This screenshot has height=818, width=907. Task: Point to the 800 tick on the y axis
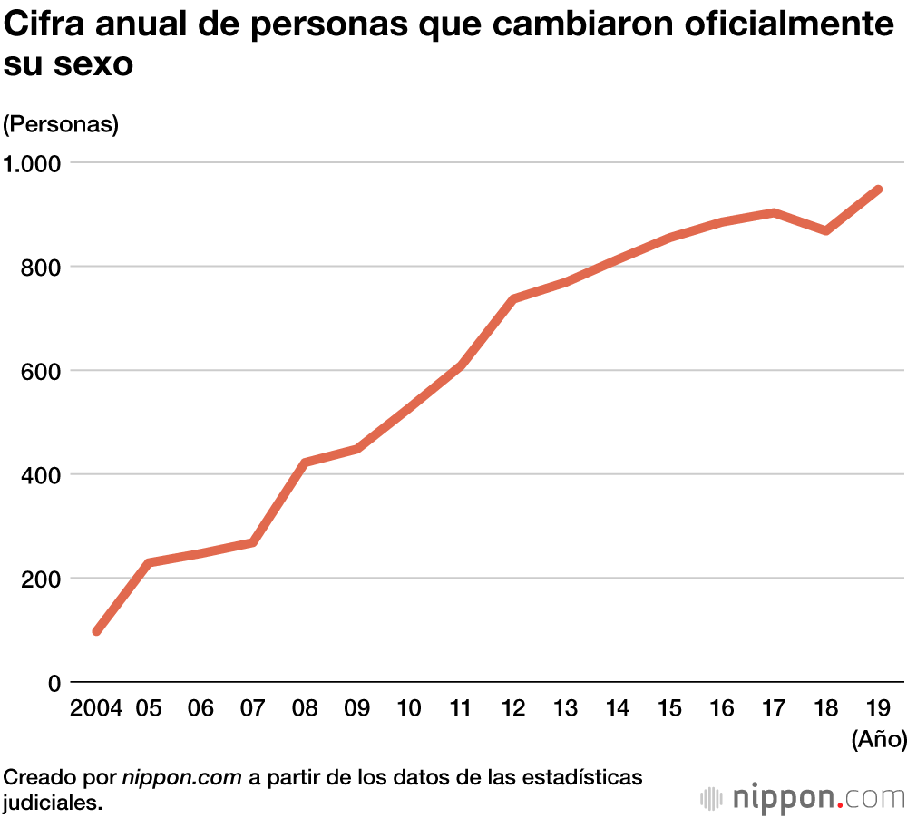coord(42,267)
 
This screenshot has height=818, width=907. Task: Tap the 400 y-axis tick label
coord(42,474)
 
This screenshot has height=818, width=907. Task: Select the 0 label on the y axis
coord(54,683)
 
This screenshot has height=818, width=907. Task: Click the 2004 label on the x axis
coord(95,709)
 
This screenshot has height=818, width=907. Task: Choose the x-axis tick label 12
coord(513,709)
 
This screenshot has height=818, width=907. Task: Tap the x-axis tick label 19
coord(878,709)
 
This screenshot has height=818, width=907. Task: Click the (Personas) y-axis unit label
coord(61,124)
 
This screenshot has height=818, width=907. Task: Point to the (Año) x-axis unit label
coord(878,740)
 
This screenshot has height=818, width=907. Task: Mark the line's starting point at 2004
coord(97,631)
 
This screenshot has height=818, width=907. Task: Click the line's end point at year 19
coord(878,190)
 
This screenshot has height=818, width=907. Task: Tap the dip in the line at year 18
coord(825,230)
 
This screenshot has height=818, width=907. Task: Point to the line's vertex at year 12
coord(513,298)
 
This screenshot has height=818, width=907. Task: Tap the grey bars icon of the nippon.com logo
coord(711,798)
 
